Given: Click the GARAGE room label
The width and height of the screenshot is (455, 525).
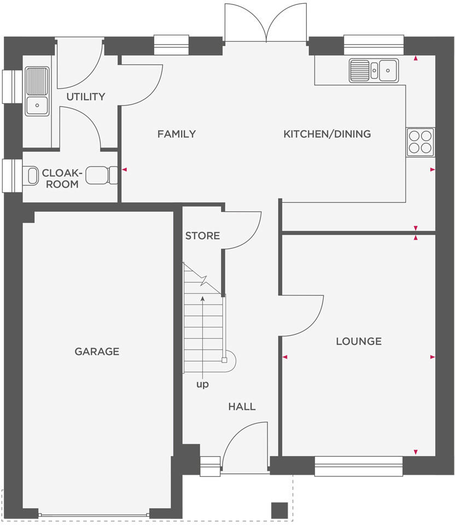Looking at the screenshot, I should pos(97,352).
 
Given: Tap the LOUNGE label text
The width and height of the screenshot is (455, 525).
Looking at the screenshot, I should pos(359,341).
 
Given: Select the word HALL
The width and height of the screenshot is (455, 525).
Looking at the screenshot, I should pos(242,407).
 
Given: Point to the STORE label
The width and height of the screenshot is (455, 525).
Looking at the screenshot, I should pos(202,236).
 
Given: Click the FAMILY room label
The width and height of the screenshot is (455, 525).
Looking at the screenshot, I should pos(176,134).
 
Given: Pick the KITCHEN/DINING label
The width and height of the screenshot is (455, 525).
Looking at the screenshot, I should pos(327,134).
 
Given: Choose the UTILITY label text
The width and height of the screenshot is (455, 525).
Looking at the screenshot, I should pos(86,97).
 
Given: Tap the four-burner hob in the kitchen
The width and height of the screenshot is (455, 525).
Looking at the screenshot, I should pos(420,142).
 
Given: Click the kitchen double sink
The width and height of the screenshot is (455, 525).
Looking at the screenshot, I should pos(374,70).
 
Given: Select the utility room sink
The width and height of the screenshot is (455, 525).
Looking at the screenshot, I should pos(37,91).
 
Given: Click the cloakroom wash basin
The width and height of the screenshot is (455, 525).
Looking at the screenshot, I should pos(32,176).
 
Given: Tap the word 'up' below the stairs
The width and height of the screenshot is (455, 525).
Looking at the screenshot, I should pos(202,384).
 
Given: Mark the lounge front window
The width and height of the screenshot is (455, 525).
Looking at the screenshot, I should pos(359,466).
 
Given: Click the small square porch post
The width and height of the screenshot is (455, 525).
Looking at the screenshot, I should pos(279,510).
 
